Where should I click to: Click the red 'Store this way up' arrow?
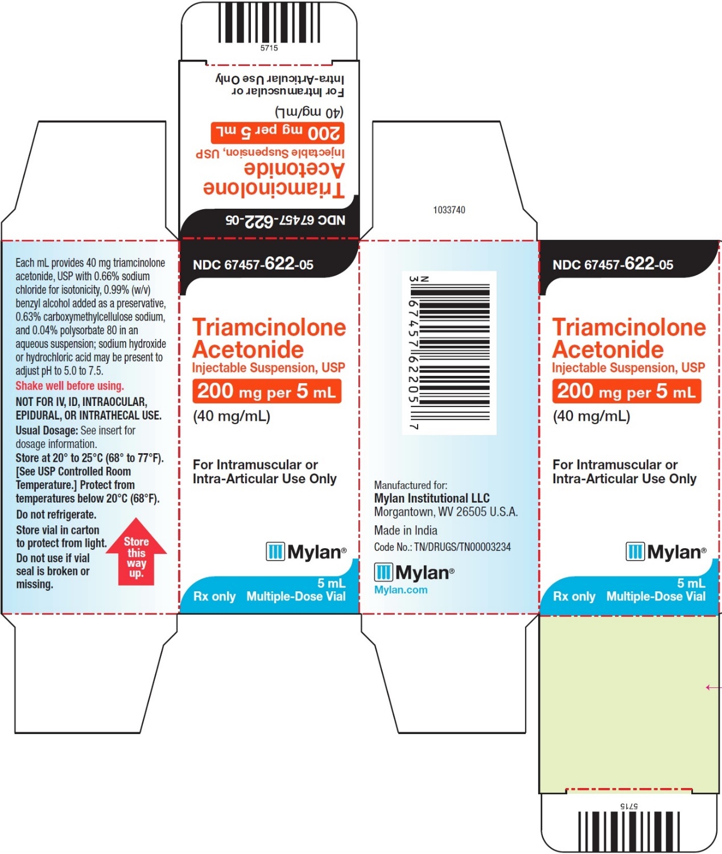click(137, 552)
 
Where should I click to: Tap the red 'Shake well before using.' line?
click(69, 385)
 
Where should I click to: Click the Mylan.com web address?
click(401, 590)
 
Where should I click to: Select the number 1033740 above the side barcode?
click(449, 210)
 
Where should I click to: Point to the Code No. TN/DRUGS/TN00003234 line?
click(443, 547)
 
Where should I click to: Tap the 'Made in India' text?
click(406, 530)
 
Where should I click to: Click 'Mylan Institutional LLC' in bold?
click(432, 498)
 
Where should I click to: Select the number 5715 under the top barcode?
click(269, 48)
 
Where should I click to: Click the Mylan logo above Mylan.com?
click(414, 572)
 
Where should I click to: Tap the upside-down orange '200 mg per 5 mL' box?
click(278, 132)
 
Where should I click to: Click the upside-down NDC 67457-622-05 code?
click(285, 221)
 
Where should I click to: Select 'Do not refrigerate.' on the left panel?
click(56, 514)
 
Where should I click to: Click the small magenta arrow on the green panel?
click(713, 687)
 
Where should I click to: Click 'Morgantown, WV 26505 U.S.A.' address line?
click(446, 512)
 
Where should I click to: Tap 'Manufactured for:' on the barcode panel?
click(411, 485)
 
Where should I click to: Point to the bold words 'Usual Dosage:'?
click(47, 430)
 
